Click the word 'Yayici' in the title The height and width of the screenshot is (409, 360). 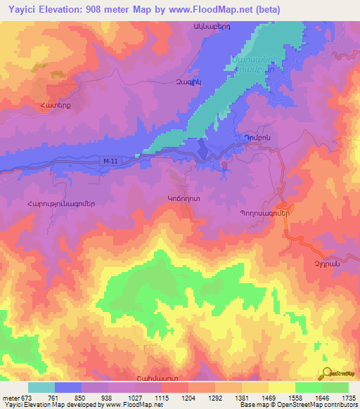[x=20, y=9]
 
